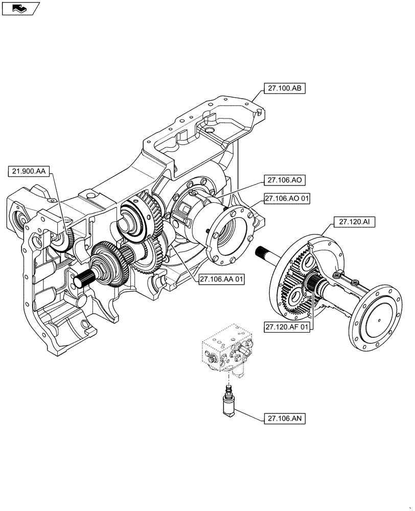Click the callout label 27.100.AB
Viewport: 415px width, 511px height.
(284, 89)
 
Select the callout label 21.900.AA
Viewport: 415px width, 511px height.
(29, 172)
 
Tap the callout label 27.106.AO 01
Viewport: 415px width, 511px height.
(287, 198)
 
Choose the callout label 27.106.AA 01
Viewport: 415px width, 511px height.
(221, 279)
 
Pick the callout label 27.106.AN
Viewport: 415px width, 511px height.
(284, 419)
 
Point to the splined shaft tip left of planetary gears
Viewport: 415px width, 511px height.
(264, 251)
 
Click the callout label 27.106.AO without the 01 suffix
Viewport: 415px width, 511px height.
(284, 180)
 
